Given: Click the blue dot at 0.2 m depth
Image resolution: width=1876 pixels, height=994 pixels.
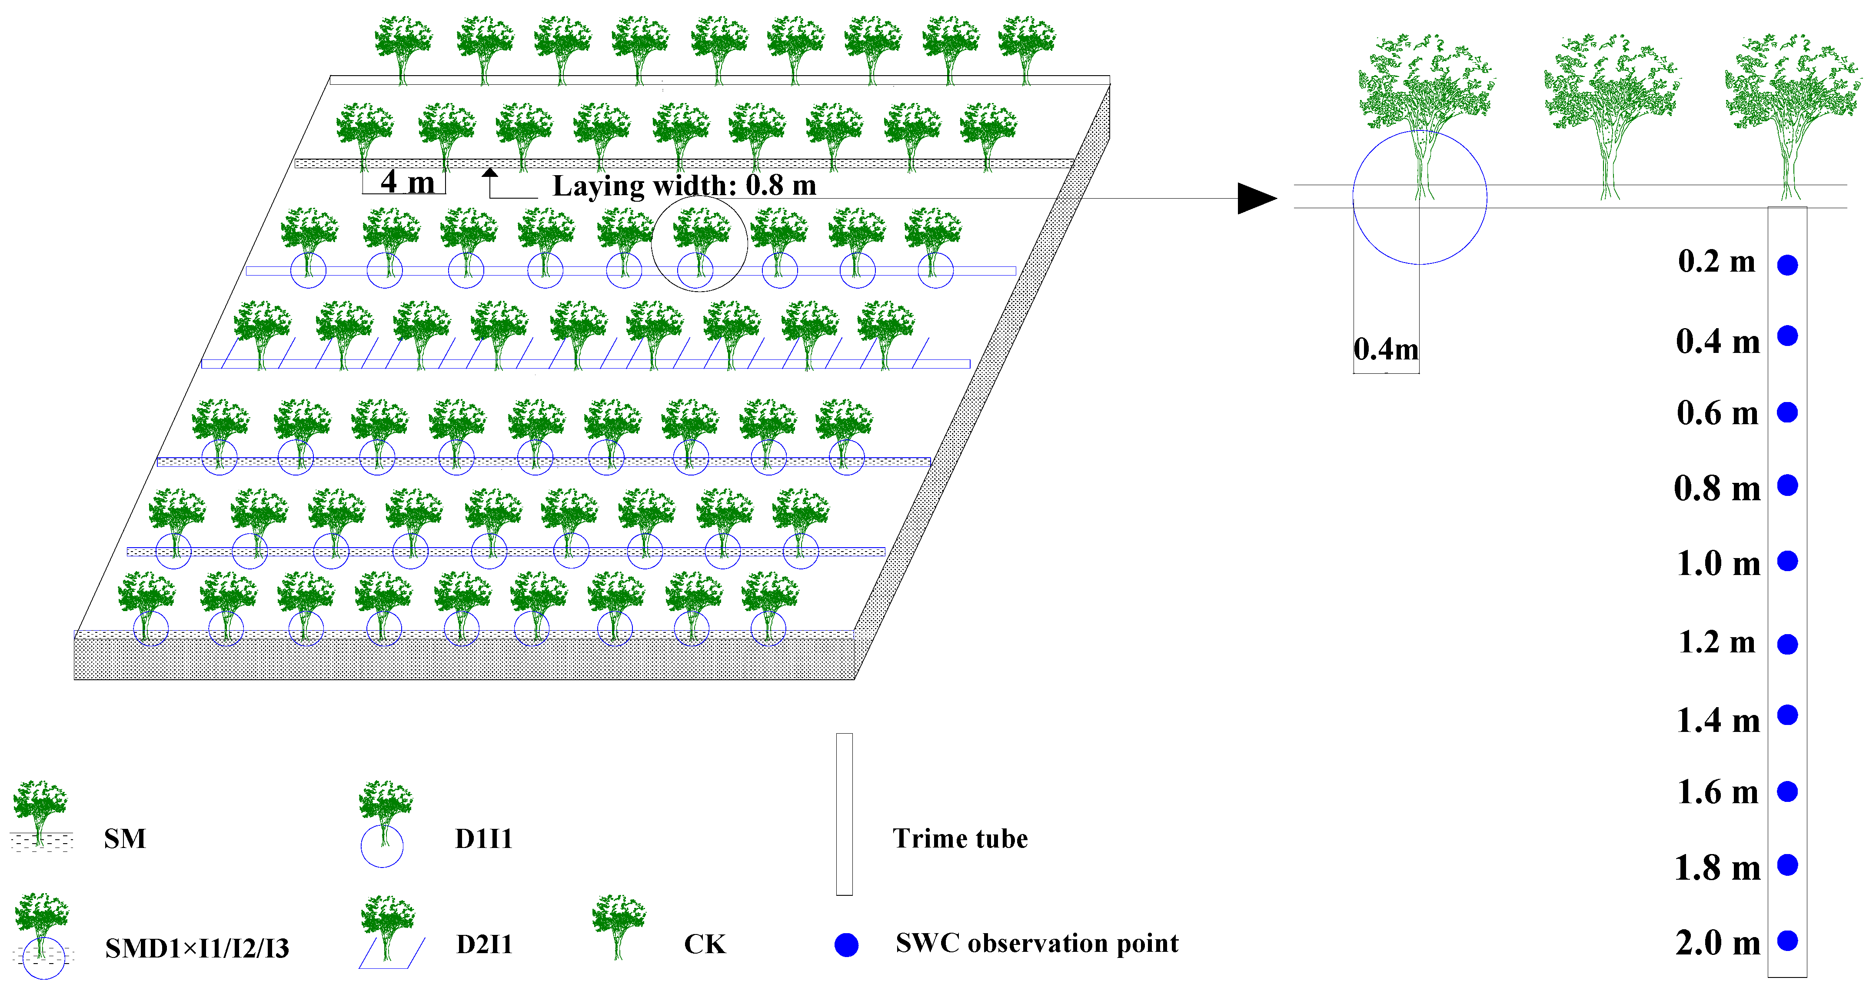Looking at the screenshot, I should click(1787, 265).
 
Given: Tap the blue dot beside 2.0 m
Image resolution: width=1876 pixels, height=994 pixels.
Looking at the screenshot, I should click(1787, 941).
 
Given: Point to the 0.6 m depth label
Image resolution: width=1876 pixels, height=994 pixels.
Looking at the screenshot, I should click(1717, 413).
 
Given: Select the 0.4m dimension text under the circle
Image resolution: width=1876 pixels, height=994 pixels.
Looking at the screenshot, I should click(1386, 349).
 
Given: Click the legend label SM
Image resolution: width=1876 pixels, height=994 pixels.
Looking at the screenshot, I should click(125, 838).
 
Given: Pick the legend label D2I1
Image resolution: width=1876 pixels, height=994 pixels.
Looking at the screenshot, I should click(484, 944).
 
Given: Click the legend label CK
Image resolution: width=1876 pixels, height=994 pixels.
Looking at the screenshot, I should click(704, 944).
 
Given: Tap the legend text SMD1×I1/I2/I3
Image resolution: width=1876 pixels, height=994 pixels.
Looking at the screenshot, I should click(196, 948).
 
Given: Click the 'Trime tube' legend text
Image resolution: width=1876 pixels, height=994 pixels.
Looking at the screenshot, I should click(960, 838).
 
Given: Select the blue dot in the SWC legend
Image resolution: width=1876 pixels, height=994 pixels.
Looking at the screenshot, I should click(846, 945).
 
